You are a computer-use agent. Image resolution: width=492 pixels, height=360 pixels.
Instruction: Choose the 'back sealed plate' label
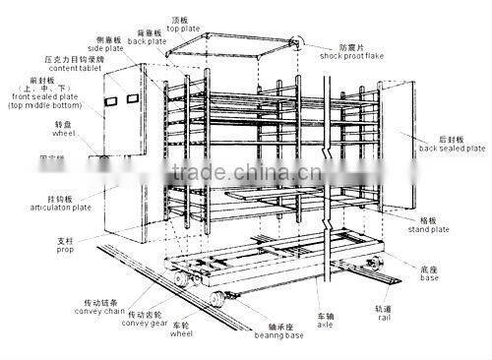coord(451,149)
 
